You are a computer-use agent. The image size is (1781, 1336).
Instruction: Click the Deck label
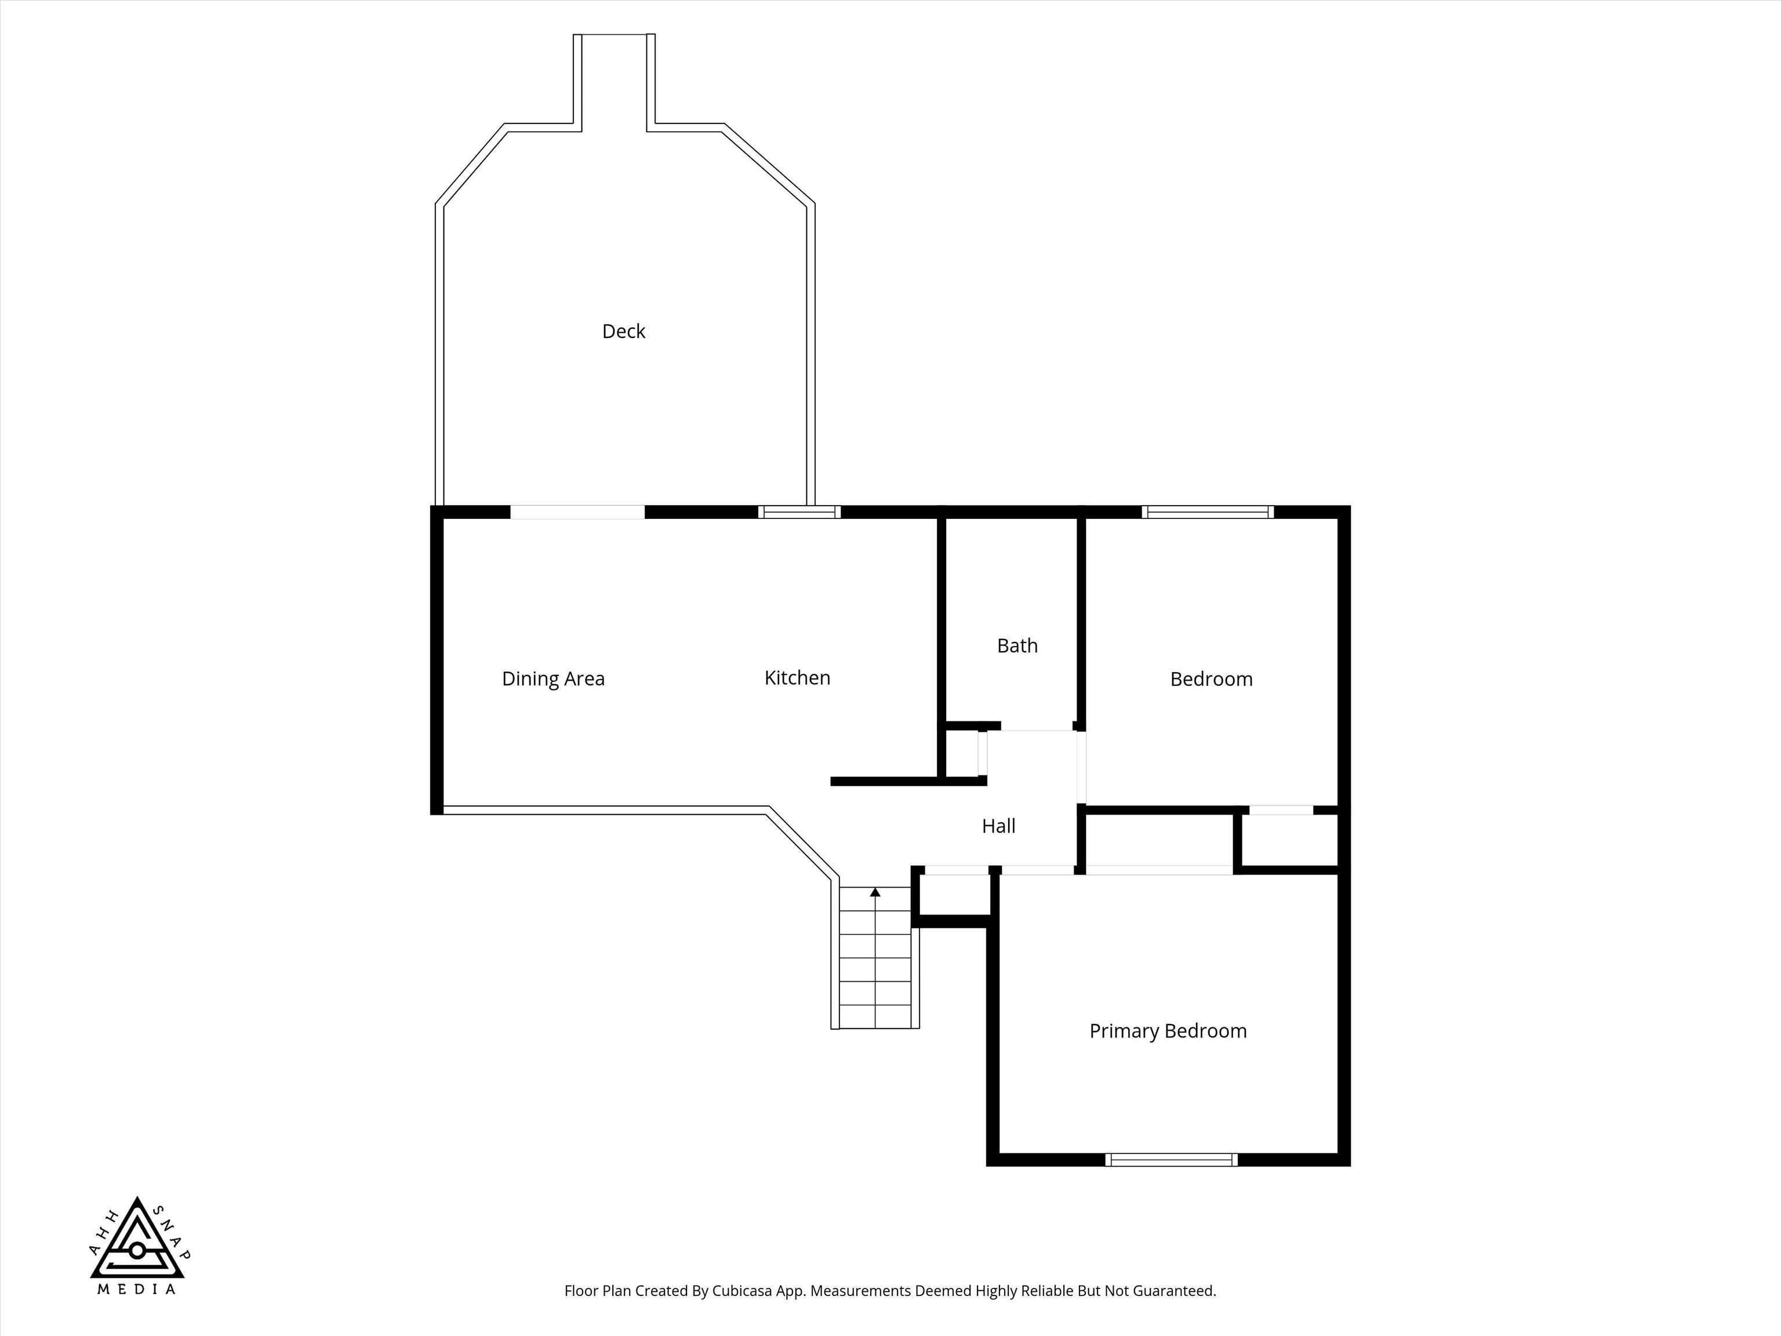pyautogui.click(x=623, y=331)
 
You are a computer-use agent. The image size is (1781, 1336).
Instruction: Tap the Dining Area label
pyautogui.click(x=553, y=679)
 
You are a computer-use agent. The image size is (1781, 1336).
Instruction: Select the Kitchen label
pyautogui.click(x=797, y=678)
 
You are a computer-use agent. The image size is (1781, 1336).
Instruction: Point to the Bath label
pyautogui.click(x=1017, y=646)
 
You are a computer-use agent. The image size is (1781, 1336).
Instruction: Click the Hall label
pyautogui.click(x=998, y=826)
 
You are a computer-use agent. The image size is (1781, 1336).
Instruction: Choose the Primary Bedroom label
pyautogui.click(x=1168, y=1031)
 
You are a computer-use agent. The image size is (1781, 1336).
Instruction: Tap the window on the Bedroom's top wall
pyautogui.click(x=1207, y=511)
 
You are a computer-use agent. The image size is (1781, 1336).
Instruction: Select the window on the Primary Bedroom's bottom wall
pyautogui.click(x=1171, y=1160)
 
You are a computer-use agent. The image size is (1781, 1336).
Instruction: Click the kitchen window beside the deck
pyautogui.click(x=799, y=511)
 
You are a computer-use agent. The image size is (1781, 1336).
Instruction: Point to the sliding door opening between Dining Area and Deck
pyautogui.click(x=577, y=512)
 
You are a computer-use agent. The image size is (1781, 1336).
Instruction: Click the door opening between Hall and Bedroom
pyautogui.click(x=1081, y=767)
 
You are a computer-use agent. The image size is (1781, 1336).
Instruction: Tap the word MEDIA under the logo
pyautogui.click(x=136, y=1312)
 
